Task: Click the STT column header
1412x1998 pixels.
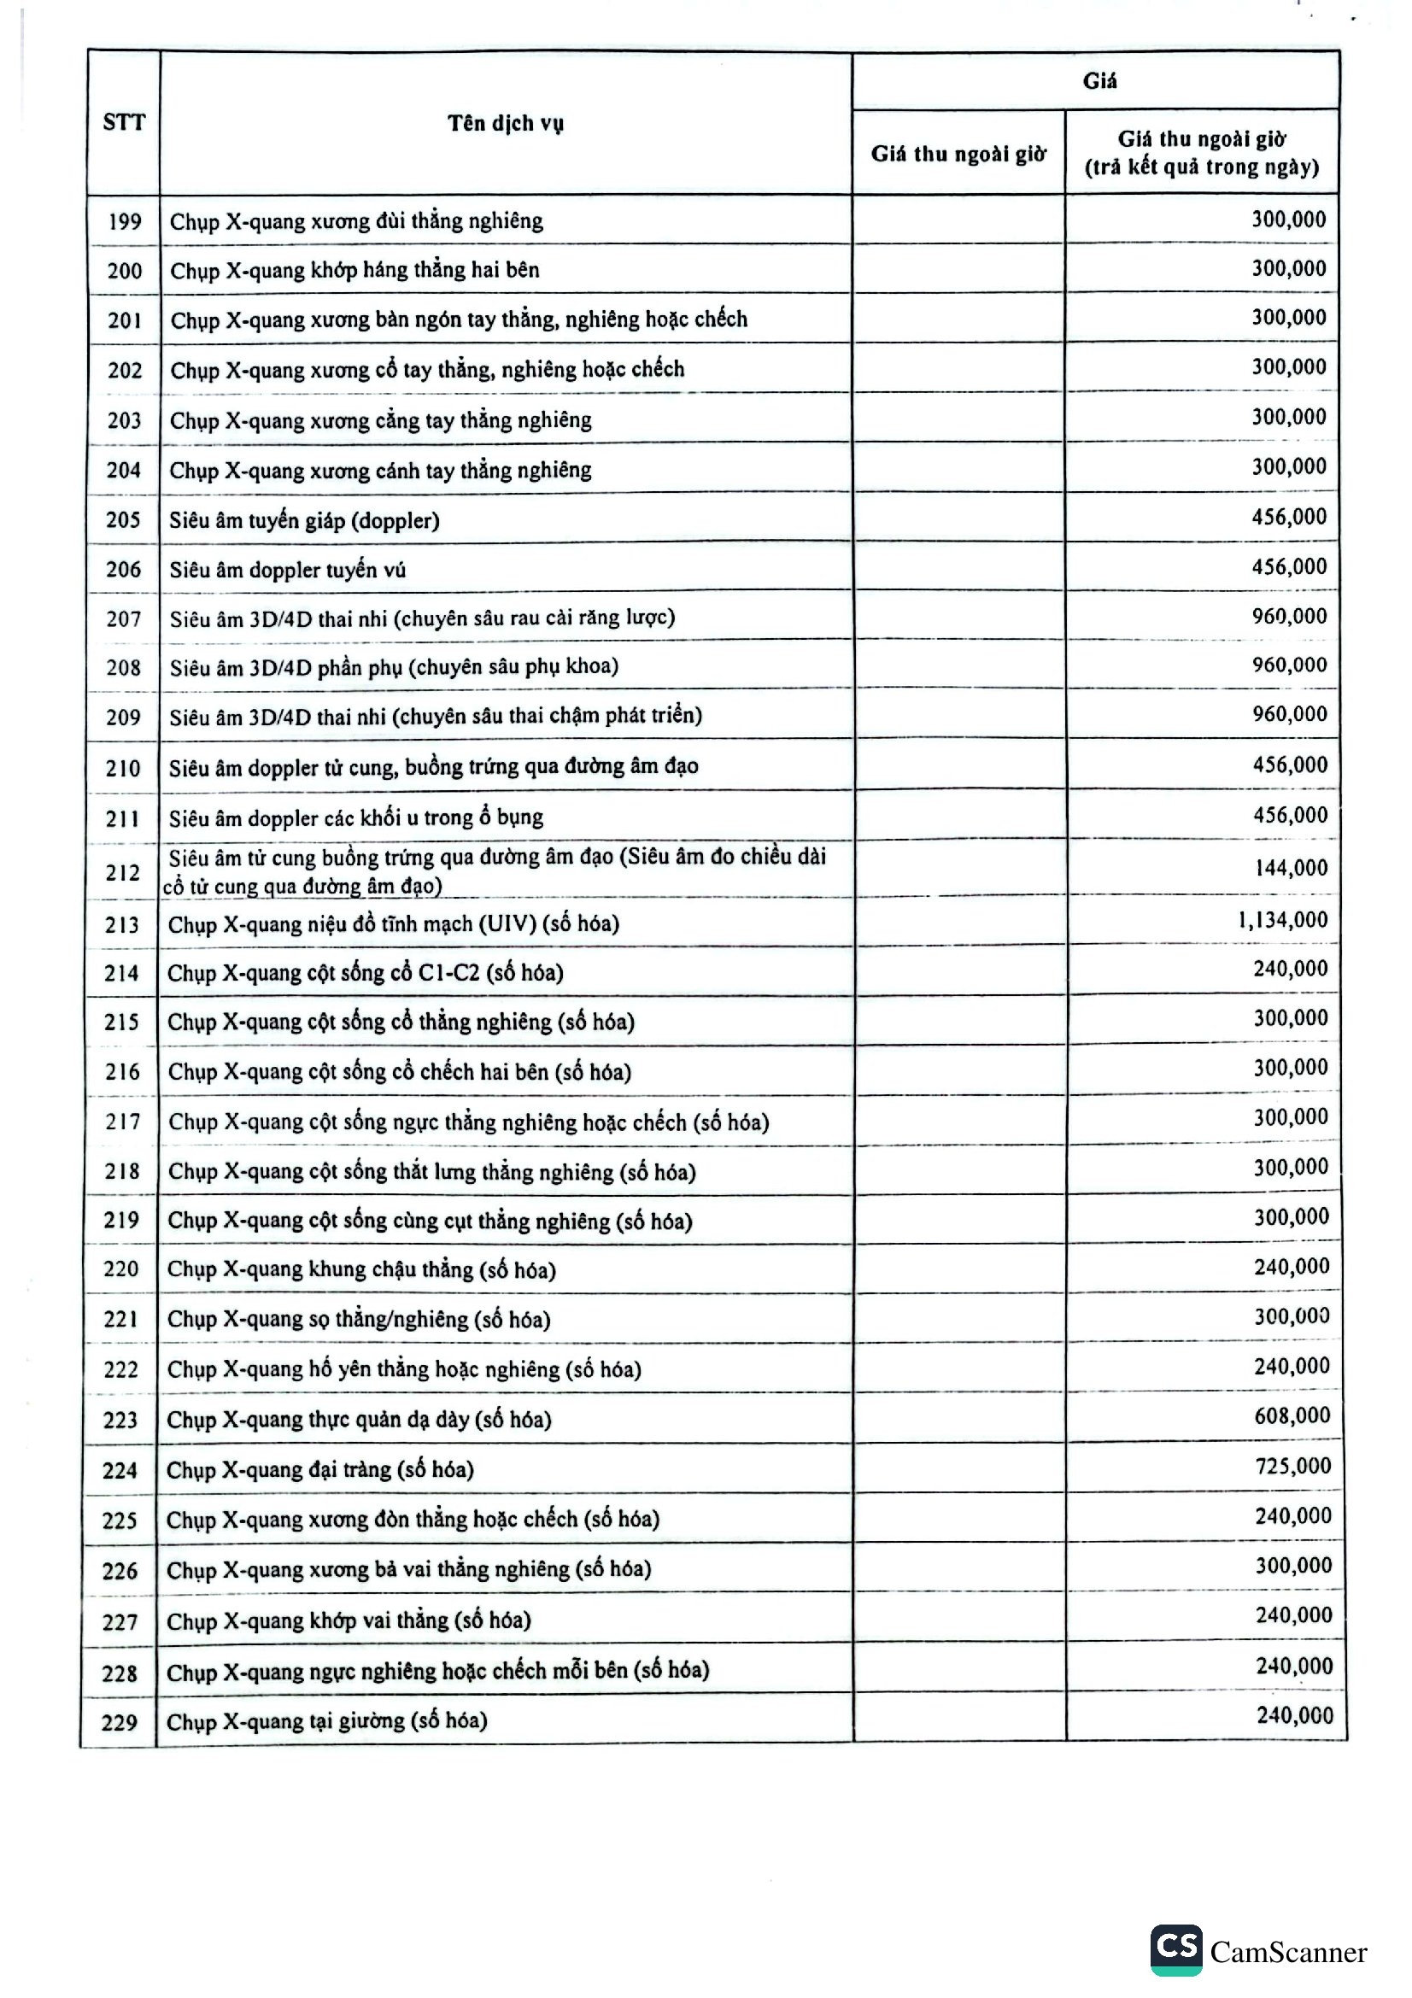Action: [124, 122]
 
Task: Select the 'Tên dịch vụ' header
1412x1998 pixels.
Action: [506, 123]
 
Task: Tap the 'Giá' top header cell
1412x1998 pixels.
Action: [1099, 81]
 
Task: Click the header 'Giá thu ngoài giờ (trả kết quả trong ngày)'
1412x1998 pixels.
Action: [1202, 152]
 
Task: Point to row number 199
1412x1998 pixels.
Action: [125, 221]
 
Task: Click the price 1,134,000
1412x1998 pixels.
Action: [1282, 920]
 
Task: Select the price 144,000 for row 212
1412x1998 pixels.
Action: [1291, 868]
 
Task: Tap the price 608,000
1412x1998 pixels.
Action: [1292, 1415]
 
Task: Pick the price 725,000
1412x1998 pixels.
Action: [1292, 1466]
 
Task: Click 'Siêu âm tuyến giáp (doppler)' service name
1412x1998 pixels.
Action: [304, 520]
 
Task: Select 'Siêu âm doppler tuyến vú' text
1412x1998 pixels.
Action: [287, 570]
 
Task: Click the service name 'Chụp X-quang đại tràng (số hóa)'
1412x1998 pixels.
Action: [320, 1470]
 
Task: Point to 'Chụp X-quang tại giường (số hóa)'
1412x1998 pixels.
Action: [326, 1720]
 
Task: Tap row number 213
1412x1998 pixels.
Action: [122, 924]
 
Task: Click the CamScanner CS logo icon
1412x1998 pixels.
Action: [1176, 1949]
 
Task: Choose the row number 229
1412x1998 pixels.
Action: [120, 1722]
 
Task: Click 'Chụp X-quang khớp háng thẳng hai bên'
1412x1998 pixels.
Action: [354, 271]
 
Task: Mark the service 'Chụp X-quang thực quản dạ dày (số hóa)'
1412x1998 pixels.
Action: [359, 1420]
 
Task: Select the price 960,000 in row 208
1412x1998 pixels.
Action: [1289, 665]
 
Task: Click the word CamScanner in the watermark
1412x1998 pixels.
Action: [1287, 1952]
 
